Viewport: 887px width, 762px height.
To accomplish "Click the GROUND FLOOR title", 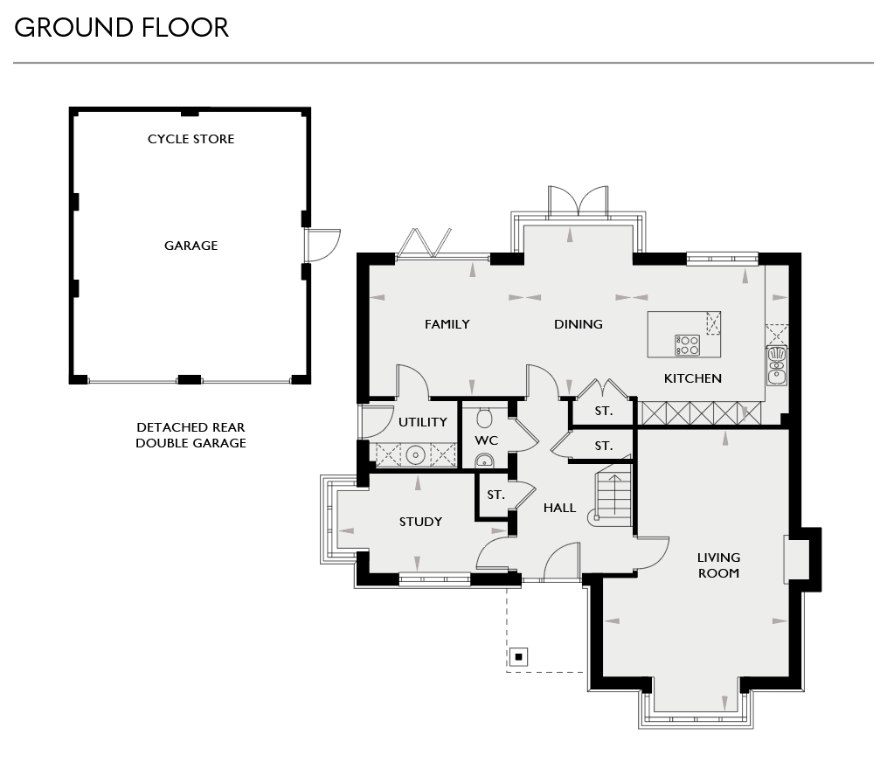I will (121, 28).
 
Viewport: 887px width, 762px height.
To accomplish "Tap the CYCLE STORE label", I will (191, 139).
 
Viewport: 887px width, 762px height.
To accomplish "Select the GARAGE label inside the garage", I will (191, 246).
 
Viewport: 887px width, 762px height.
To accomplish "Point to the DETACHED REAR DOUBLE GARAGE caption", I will (191, 435).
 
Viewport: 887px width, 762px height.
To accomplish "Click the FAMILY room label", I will (447, 324).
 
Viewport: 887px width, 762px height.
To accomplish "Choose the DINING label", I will (578, 324).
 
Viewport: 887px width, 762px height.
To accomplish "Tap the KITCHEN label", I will (692, 378).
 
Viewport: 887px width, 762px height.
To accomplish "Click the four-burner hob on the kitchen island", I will (687, 345).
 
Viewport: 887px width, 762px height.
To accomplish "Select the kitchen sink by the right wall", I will (776, 364).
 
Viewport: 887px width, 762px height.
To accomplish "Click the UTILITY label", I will (423, 422).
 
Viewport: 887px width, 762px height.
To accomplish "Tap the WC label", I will (486, 440).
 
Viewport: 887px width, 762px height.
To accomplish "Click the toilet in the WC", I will (486, 417).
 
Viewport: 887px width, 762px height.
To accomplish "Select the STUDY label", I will (420, 522).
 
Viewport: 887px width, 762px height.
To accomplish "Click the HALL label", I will (559, 507).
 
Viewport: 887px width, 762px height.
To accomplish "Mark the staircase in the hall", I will (613, 496).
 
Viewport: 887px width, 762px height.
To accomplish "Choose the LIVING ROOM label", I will (718, 565).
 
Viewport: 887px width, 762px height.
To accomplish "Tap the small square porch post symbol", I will (518, 655).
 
